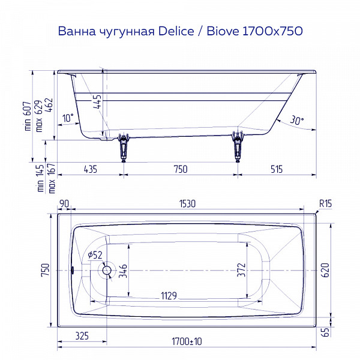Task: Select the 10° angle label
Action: (x=68, y=119)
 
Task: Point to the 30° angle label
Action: (x=296, y=120)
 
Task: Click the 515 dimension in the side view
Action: (x=276, y=169)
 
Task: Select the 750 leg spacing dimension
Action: (x=180, y=169)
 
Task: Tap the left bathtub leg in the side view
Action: (x=124, y=146)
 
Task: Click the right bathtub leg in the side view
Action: (x=238, y=146)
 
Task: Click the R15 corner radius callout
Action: (x=325, y=204)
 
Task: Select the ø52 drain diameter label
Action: (x=95, y=256)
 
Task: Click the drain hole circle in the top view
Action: (x=107, y=271)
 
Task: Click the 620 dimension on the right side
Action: (x=325, y=271)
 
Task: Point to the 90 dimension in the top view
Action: (x=64, y=204)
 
